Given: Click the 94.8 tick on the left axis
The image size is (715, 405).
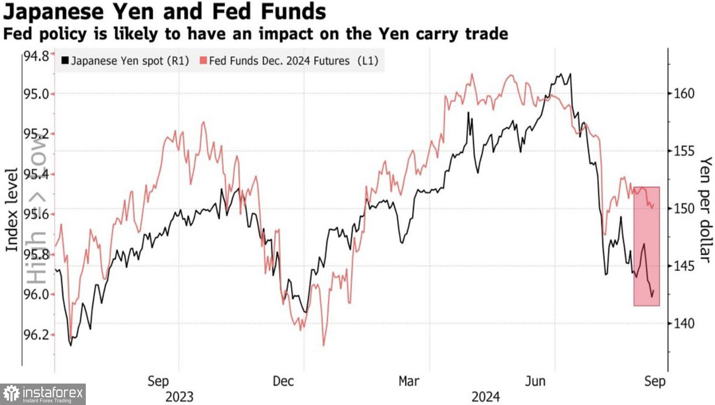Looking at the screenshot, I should click(x=36, y=56).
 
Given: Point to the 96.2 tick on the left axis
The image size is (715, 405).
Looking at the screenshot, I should click(x=36, y=335).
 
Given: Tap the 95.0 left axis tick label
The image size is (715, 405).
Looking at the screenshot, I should click(x=36, y=94).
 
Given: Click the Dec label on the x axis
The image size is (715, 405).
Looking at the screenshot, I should click(x=283, y=381).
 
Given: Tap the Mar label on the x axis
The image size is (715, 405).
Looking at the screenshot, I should click(x=409, y=381).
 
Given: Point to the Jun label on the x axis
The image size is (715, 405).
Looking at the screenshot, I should click(x=535, y=381).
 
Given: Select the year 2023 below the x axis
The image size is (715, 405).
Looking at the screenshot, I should click(x=179, y=397).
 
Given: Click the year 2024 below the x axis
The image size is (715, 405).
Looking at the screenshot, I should click(x=486, y=397).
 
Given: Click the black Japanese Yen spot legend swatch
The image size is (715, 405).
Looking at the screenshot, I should click(x=65, y=61).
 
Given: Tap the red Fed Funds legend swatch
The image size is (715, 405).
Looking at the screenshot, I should click(x=203, y=61).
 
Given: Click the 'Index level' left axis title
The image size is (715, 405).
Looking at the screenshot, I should click(x=11, y=210).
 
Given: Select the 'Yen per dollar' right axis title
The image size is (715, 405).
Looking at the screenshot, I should click(x=705, y=210).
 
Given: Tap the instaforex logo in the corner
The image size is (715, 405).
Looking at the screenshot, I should click(x=43, y=394).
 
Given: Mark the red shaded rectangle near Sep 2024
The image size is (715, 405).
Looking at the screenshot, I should click(x=647, y=246).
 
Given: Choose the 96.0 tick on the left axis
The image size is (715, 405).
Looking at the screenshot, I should click(x=36, y=294).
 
